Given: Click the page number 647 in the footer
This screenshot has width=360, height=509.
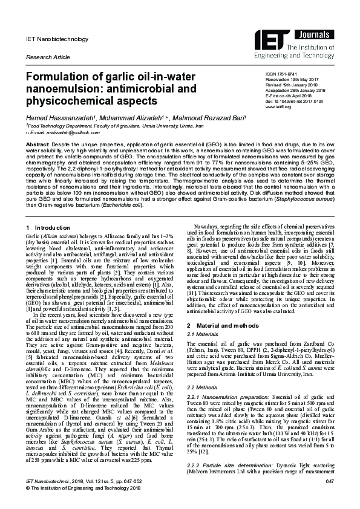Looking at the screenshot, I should [x=330, y=480].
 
